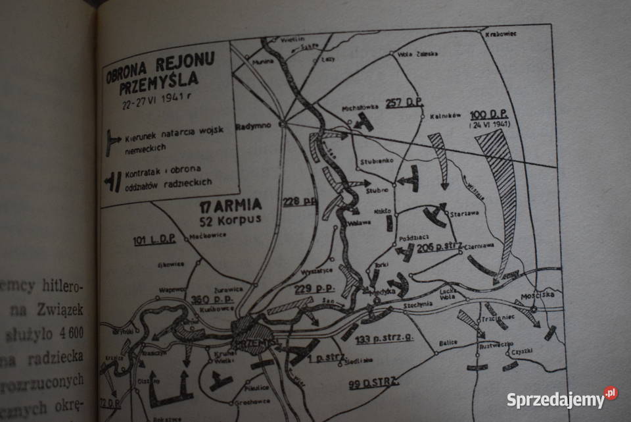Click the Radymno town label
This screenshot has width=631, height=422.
(x=255, y=129)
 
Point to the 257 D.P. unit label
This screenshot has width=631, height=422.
(x=403, y=102)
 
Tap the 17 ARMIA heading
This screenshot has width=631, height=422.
(x=231, y=203)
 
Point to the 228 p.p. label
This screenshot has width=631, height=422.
(x=300, y=201)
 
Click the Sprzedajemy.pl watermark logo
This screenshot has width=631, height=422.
(x=561, y=398)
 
